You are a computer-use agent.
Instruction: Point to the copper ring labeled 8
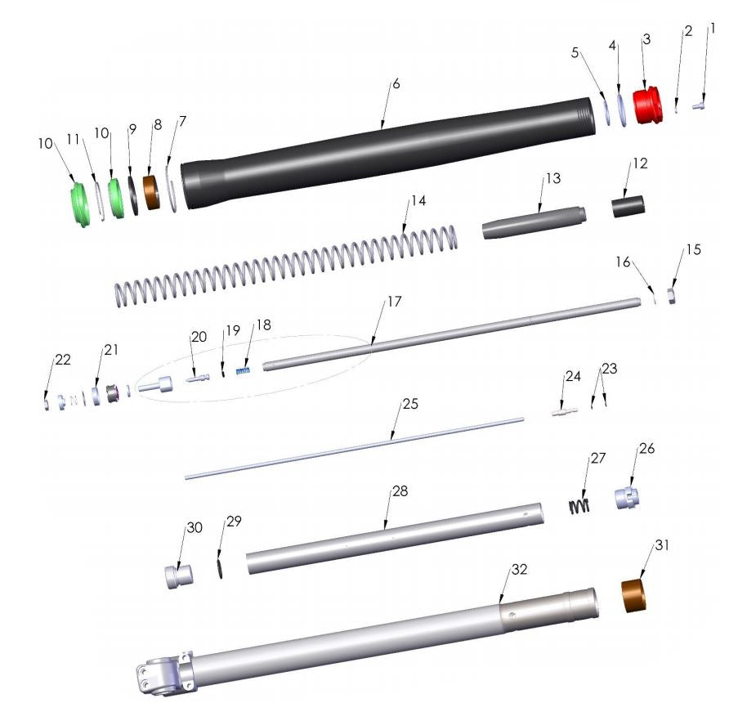[x=151, y=192]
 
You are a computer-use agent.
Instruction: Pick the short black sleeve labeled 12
[x=629, y=206]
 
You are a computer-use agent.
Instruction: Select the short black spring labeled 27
[x=579, y=504]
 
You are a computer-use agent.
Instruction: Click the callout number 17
[x=394, y=302]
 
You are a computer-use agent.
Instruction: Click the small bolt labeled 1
[x=700, y=105]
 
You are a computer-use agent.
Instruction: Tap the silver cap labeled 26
[x=627, y=497]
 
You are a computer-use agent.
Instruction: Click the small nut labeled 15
[x=670, y=294]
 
